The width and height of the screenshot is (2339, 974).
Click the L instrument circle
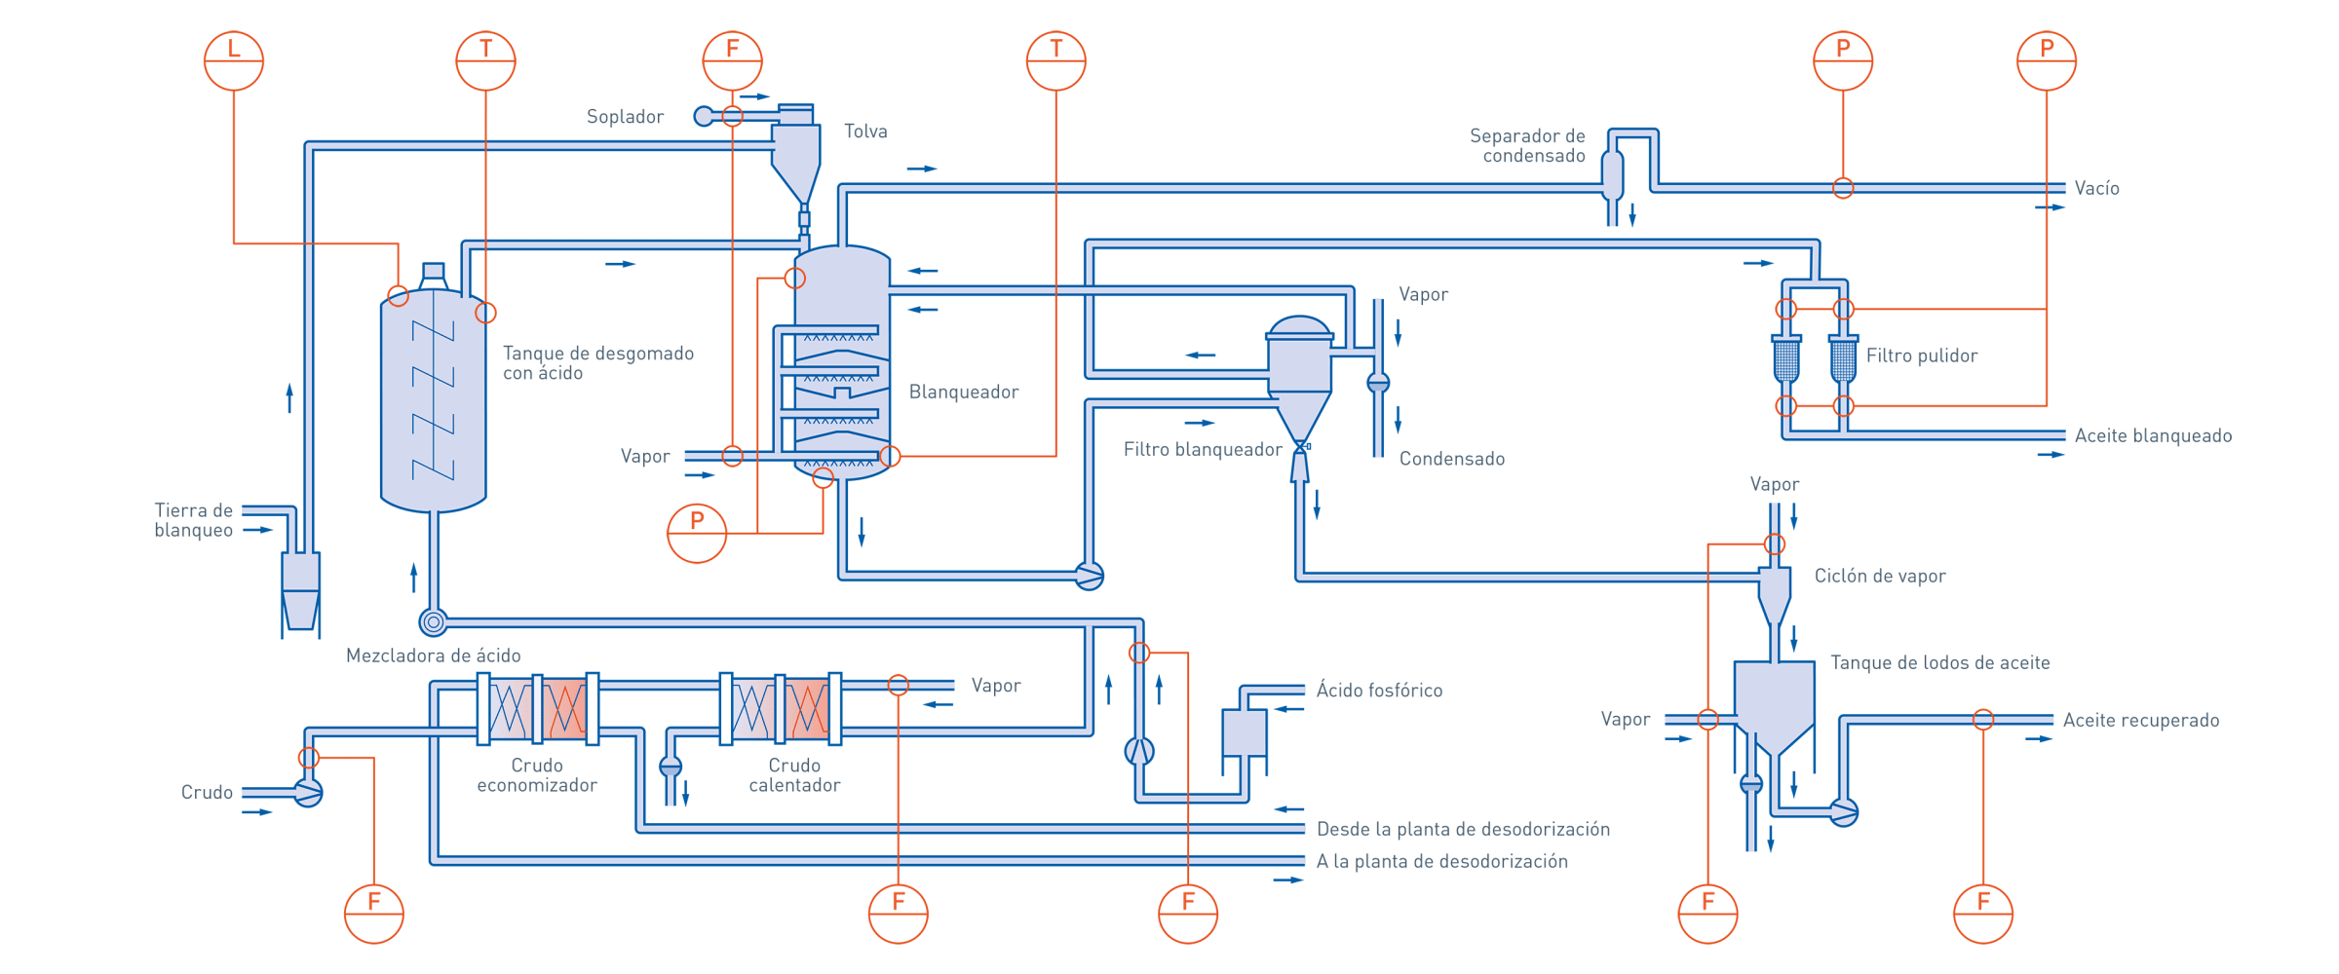coord(234,60)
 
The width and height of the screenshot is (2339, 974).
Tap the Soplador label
coord(625,117)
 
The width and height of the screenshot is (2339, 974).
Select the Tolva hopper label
coord(865,131)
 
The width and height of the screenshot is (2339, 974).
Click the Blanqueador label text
coord(964,392)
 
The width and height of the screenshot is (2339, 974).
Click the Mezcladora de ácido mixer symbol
coord(433,621)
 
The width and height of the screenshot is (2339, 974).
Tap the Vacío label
coord(2096,188)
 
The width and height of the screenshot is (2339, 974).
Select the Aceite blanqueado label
coord(2153,435)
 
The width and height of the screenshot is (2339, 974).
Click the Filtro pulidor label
coord(1922,356)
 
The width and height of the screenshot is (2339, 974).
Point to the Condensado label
coord(1452,459)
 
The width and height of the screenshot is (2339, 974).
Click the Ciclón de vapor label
coord(1880,576)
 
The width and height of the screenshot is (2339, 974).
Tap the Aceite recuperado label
coord(2141,720)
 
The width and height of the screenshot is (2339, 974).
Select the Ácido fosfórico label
coord(1379,691)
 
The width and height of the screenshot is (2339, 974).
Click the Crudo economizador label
coord(537,775)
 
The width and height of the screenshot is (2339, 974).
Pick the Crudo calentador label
coord(794,775)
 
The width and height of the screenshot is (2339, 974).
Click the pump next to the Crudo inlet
coord(308,793)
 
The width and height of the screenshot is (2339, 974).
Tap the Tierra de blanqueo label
coord(193,520)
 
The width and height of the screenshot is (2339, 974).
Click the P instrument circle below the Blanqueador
coord(697,533)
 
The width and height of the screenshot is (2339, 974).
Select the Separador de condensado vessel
coord(1613,175)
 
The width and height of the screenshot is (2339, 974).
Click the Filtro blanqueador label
coord(1203,449)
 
